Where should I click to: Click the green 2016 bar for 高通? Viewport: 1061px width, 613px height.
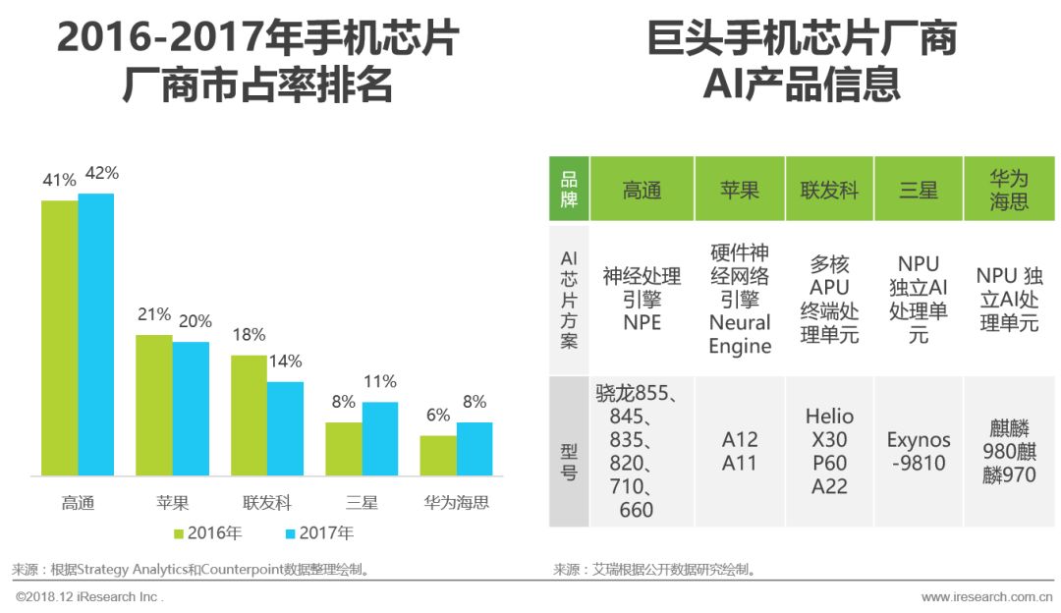(x=59, y=339)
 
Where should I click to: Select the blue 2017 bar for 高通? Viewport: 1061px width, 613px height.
(x=96, y=335)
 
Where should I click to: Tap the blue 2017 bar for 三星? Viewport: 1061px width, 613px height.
(x=380, y=439)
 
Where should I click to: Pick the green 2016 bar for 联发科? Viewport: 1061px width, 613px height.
(x=250, y=416)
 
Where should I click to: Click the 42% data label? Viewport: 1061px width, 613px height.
(x=102, y=173)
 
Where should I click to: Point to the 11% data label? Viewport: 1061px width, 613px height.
(x=380, y=381)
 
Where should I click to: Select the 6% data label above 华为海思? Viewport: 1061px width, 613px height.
(x=438, y=415)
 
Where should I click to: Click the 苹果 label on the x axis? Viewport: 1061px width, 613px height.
(x=173, y=503)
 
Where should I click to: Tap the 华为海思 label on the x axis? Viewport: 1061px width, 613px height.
(x=457, y=503)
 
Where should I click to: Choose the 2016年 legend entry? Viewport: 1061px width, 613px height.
(x=208, y=533)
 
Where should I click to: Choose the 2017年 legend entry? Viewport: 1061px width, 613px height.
(x=319, y=533)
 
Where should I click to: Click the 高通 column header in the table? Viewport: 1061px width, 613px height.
(x=642, y=190)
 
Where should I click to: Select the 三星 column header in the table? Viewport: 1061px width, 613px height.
(x=919, y=190)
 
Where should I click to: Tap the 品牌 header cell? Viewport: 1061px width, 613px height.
(x=569, y=190)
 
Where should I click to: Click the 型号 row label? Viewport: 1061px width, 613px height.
(x=569, y=451)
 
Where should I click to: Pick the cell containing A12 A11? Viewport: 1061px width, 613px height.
(x=740, y=451)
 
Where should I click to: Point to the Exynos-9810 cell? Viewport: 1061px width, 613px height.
(x=919, y=451)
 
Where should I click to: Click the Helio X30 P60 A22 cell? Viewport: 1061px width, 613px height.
(x=829, y=451)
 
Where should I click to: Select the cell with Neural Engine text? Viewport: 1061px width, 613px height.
(x=740, y=299)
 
